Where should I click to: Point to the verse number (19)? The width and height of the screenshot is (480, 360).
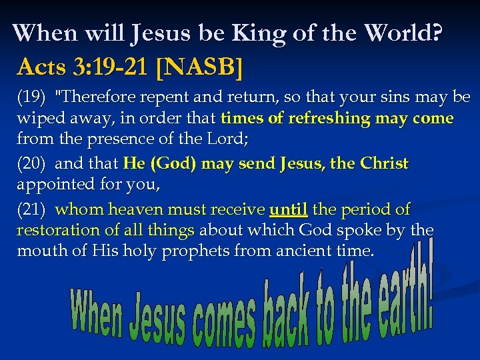click(31, 97)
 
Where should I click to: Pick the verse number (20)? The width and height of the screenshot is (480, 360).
click(31, 163)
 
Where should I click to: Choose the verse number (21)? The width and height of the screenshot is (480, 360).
click(31, 209)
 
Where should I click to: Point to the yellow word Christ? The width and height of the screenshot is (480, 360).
click(384, 163)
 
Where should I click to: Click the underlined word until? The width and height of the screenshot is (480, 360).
click(288, 209)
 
